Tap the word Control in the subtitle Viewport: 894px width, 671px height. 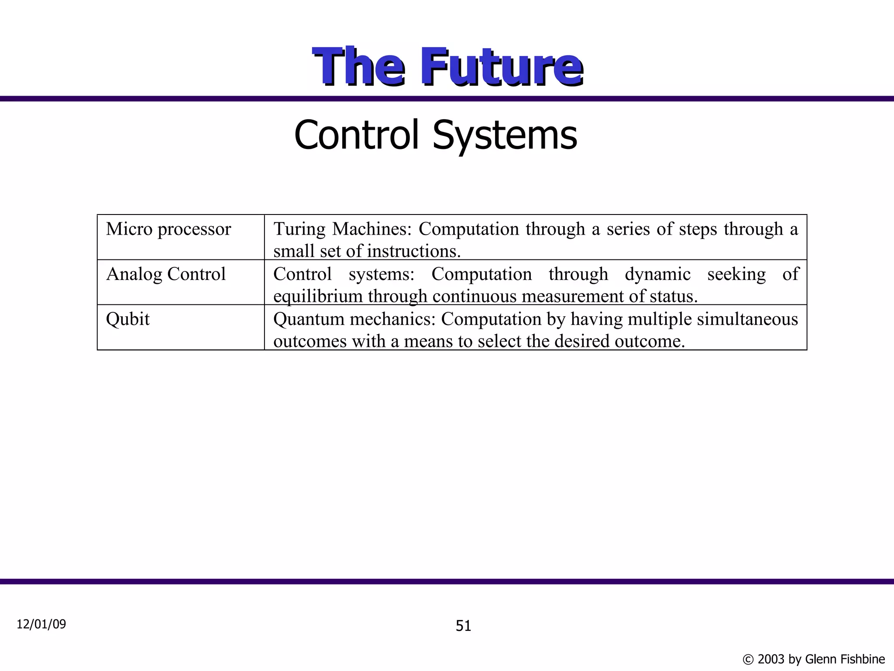click(356, 135)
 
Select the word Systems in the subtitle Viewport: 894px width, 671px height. click(505, 135)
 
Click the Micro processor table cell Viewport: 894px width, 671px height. click(168, 229)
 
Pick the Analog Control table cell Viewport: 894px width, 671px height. click(166, 274)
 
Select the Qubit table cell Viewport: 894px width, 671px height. click(127, 319)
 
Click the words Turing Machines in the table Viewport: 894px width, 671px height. click(342, 229)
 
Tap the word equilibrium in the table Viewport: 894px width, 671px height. click(317, 297)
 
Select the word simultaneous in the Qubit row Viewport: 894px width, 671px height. click(747, 319)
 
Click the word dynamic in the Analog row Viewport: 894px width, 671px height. click(657, 274)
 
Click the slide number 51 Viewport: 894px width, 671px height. click(463, 626)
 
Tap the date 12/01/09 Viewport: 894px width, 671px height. click(41, 624)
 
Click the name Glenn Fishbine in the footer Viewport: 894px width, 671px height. click(845, 659)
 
